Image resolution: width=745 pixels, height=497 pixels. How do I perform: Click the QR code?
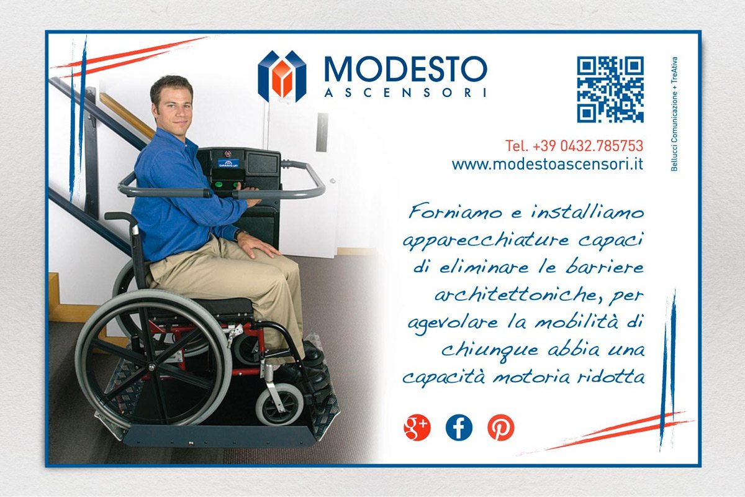click(x=610, y=89)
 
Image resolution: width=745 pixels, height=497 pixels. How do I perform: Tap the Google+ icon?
click(x=417, y=427)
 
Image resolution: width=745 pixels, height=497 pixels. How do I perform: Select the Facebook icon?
click(x=459, y=427)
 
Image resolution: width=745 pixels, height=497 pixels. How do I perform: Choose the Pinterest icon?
click(x=500, y=427)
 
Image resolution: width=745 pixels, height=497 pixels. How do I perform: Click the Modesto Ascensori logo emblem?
click(x=282, y=76)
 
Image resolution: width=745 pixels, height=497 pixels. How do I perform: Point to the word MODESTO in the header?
click(x=405, y=70)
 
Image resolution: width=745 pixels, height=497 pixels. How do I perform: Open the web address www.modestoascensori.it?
click(x=547, y=165)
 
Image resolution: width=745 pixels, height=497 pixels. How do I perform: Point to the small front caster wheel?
click(x=280, y=404)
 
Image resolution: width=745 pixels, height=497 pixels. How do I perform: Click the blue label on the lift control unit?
click(x=228, y=163)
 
